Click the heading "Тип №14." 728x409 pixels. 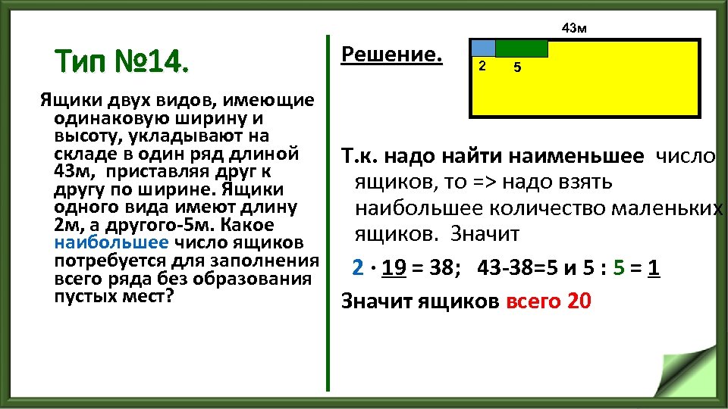(x=118, y=60)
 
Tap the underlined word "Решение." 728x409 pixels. (x=391, y=55)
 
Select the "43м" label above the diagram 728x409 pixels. (x=574, y=29)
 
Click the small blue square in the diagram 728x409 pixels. (x=483, y=48)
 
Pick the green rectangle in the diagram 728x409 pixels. (x=522, y=48)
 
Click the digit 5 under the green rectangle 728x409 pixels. (x=516, y=68)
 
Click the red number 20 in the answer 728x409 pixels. (x=579, y=301)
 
